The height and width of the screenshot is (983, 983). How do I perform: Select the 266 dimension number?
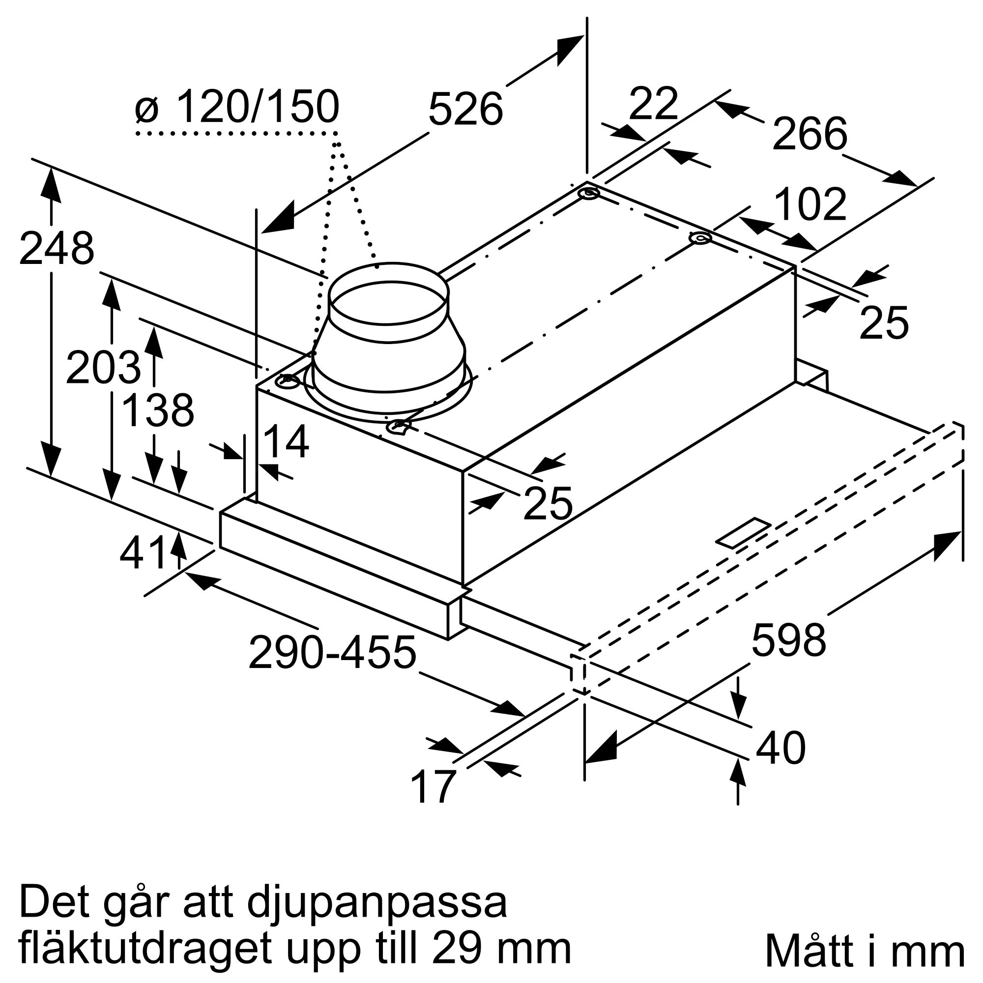(810, 134)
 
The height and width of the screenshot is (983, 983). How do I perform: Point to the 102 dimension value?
(810, 204)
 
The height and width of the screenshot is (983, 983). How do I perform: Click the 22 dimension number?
(653, 104)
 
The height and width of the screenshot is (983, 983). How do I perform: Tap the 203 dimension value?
(103, 367)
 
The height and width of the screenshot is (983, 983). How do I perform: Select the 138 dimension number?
(158, 410)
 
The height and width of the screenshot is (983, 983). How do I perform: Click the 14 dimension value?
(286, 442)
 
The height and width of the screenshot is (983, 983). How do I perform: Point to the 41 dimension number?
(144, 553)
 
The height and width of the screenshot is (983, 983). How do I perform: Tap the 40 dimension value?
(781, 748)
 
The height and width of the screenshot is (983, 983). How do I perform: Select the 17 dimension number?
(433, 786)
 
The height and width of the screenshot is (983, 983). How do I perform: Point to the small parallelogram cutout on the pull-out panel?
(743, 533)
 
